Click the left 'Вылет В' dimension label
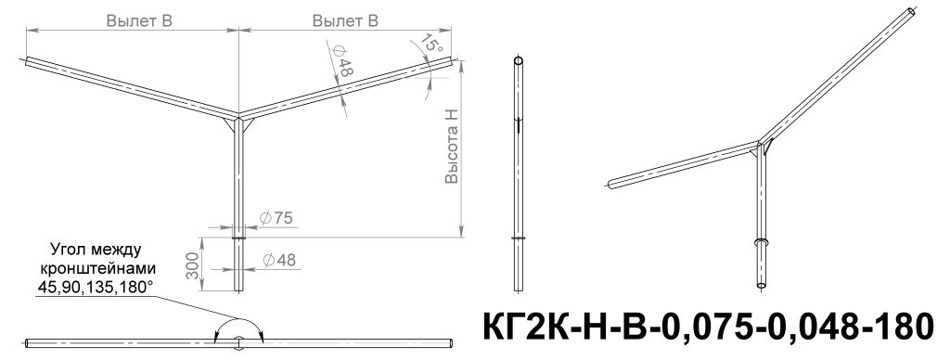click(139, 20)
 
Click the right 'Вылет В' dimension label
click(345, 20)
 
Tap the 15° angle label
click(432, 43)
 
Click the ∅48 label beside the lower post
click(279, 260)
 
